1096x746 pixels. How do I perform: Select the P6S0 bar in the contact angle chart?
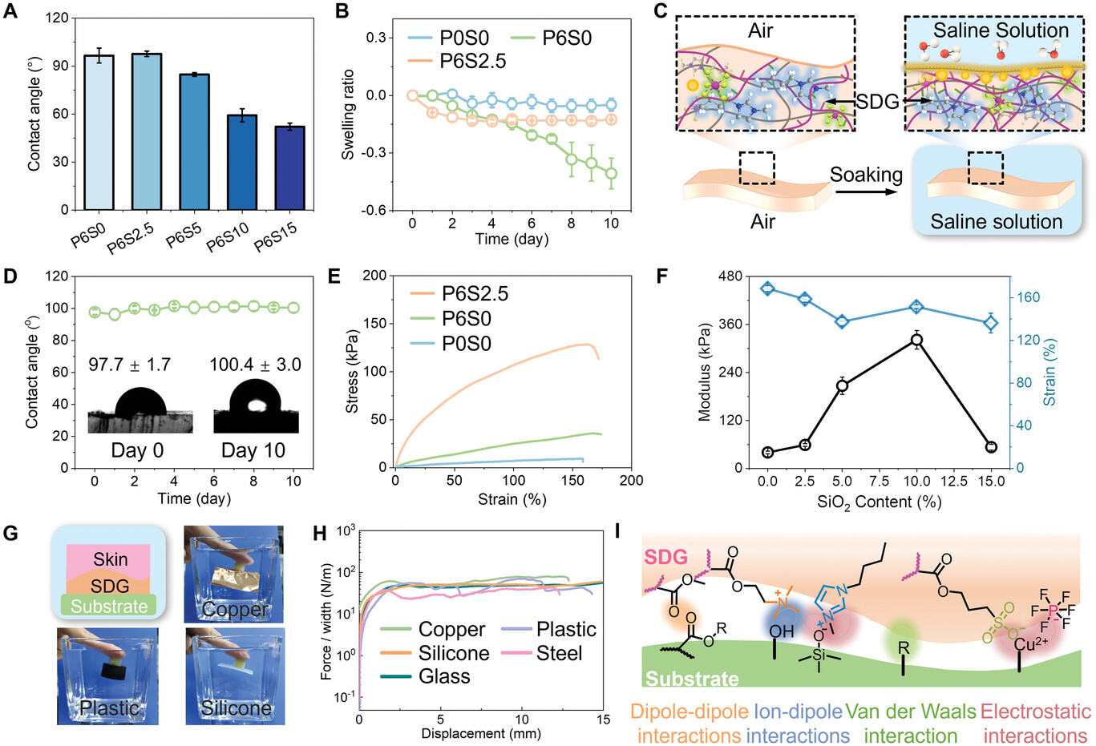click(99, 133)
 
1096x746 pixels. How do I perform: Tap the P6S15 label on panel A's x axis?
click(275, 237)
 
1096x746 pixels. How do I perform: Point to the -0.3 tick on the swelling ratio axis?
click(376, 153)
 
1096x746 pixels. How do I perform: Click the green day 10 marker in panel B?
click(611, 173)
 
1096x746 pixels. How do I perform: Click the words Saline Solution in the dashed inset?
click(1001, 30)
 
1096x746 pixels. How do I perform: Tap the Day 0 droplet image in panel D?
click(140, 410)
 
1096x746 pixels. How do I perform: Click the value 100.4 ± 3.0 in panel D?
click(255, 365)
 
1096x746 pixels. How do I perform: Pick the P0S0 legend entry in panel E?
click(478, 344)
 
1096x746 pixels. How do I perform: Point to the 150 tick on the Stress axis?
click(376, 324)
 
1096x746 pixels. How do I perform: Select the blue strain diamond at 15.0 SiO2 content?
click(991, 324)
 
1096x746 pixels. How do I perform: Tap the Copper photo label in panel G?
click(234, 609)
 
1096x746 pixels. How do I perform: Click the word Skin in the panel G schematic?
click(111, 559)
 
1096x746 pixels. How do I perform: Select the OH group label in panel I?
click(782, 631)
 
